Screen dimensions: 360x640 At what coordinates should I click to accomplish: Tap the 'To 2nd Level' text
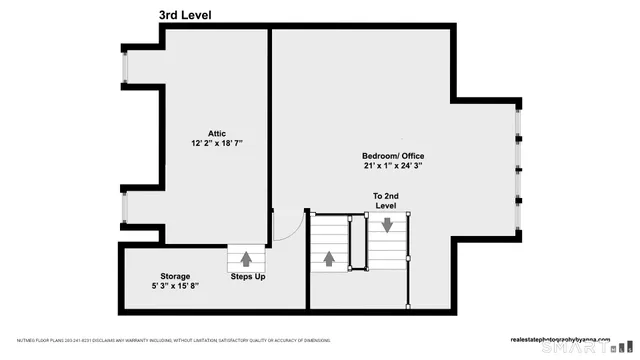click(386, 200)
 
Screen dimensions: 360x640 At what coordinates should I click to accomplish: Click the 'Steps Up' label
click(247, 276)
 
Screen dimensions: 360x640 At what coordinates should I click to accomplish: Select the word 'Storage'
click(175, 276)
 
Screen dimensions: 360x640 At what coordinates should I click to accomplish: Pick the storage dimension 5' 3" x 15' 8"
click(175, 287)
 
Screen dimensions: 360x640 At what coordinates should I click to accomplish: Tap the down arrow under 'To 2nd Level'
click(387, 225)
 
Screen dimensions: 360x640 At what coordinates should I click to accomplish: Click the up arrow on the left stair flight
click(327, 258)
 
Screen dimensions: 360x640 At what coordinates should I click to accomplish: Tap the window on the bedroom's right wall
click(518, 170)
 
